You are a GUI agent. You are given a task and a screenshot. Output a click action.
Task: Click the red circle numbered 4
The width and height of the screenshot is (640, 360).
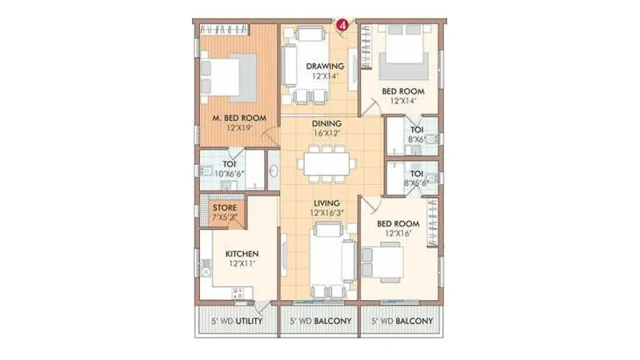(343, 25)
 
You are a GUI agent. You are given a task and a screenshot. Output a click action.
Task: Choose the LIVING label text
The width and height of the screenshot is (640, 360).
(326, 203)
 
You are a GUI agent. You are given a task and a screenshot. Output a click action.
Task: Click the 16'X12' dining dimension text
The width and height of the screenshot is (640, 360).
(326, 134)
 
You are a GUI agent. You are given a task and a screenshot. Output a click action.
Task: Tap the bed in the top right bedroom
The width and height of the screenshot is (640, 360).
(404, 56)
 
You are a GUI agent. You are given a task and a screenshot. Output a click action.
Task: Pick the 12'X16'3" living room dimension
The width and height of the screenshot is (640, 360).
(328, 214)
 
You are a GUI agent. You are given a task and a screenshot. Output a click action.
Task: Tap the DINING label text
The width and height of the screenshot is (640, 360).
(326, 123)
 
